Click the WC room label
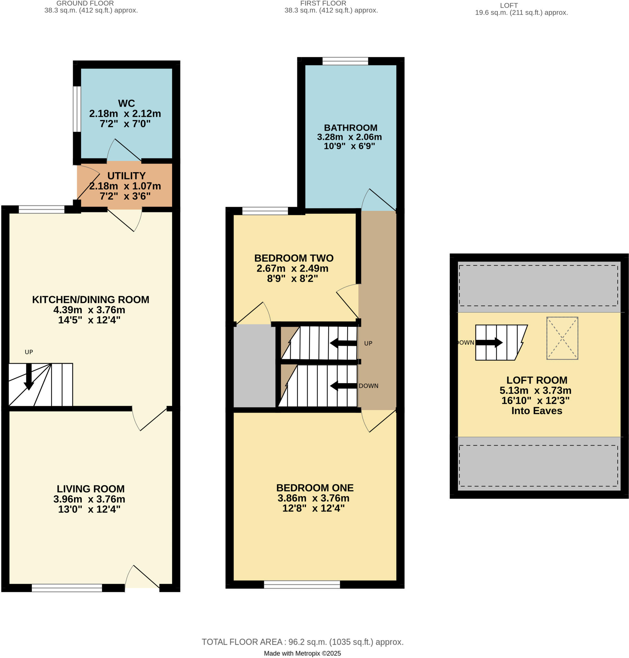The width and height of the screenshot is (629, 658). [126, 103]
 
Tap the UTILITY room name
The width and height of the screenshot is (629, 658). [126, 175]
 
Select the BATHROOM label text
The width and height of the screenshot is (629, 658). [350, 128]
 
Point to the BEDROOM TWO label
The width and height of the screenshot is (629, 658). [294, 258]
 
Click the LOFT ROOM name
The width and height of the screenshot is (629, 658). [536, 380]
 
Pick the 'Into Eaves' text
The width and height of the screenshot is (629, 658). [536, 411]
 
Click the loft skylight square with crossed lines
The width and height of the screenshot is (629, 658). [562, 338]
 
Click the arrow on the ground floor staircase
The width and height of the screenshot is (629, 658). [29, 377]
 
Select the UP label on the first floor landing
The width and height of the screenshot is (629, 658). [368, 343]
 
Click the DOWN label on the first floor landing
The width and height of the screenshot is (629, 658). [368, 386]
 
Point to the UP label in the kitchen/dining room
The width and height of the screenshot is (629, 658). [29, 352]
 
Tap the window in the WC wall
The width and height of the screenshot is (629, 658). [77, 109]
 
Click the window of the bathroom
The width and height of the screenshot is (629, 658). [345, 61]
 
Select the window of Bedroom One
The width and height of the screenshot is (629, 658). [302, 584]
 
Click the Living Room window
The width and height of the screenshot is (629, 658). [67, 588]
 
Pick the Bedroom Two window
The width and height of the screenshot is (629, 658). [265, 211]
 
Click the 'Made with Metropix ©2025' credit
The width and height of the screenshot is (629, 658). [302, 653]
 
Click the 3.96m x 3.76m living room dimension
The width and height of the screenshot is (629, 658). [89, 499]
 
